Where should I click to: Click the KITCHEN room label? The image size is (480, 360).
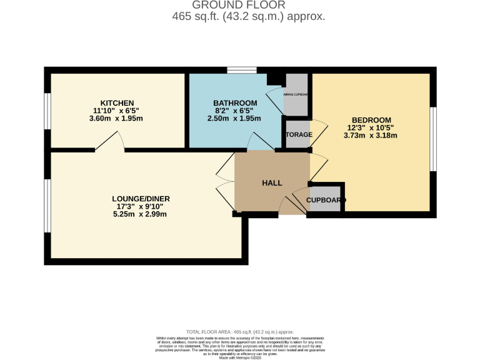coord(117,103)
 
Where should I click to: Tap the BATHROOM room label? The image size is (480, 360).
coord(235,103)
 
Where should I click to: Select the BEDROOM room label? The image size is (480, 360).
coord(371,120)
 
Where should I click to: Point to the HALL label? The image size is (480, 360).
coord(272,183)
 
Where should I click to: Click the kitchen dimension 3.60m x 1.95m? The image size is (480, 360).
coord(117,118)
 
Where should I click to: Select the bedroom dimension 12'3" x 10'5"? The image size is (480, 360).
coord(371,128)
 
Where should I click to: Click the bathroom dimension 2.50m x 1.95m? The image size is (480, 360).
coord(235,118)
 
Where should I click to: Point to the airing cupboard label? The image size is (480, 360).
coord(297,94)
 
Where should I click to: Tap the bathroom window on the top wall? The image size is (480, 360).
coord(241,70)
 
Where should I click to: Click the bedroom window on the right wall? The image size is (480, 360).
coord(432,139)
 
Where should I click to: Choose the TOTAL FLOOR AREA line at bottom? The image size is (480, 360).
coord(240,332)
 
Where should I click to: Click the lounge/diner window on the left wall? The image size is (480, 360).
coord(46,206)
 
